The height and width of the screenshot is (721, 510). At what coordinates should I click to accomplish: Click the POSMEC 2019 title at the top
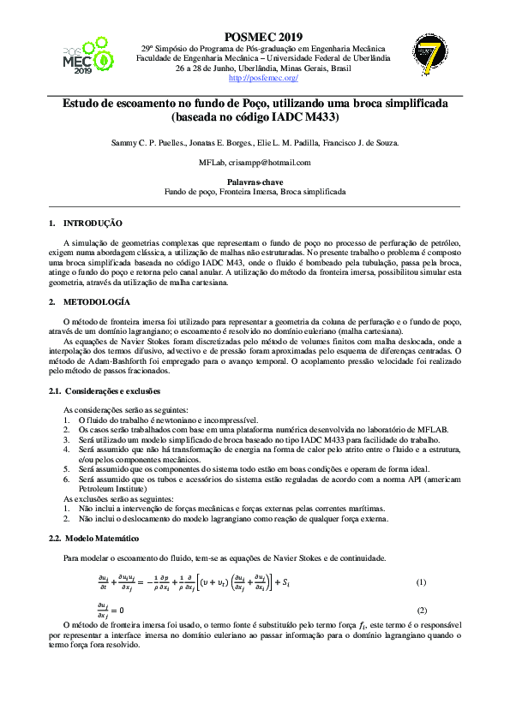(263, 37)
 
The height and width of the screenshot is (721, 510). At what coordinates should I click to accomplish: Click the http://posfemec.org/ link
(263, 78)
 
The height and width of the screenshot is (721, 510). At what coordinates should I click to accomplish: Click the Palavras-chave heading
(255, 182)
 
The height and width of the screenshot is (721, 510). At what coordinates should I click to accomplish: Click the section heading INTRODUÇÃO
(94, 223)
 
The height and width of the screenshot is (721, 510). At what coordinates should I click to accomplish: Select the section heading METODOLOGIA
(97, 302)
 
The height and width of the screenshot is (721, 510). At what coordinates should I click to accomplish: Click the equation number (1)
(421, 583)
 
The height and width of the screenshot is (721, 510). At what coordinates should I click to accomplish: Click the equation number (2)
(421, 611)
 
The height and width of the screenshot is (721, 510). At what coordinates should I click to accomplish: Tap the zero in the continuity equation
(121, 611)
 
